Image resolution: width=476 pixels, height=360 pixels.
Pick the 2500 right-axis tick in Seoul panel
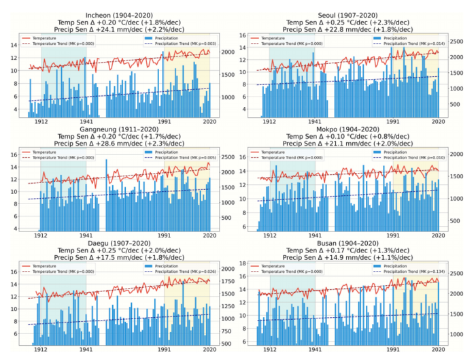[x=456, y=42]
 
